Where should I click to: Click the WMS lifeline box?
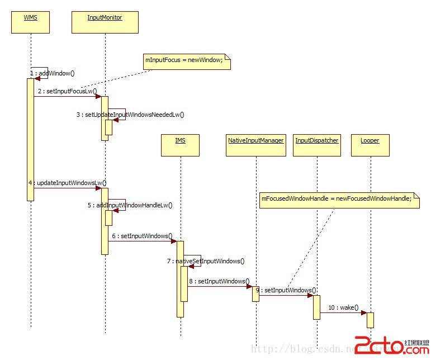tap(30, 22)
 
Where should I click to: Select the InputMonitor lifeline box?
tap(105, 22)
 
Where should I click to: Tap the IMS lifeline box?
tap(180, 145)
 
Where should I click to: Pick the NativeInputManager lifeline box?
tap(256, 145)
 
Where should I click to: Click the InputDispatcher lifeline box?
tap(317, 145)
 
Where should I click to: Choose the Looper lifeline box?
tap(370, 145)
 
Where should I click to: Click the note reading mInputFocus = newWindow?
tap(187, 61)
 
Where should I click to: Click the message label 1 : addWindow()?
tap(53, 73)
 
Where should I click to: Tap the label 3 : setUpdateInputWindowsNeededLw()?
tap(130, 115)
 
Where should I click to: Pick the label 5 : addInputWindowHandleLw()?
tap(130, 205)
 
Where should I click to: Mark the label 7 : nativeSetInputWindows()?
tap(205, 261)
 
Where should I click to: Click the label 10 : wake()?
tap(343, 307)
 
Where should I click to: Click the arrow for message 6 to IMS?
tap(143, 241)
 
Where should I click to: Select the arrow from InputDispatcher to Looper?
tap(343, 313)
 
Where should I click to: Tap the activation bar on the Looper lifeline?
tap(370, 320)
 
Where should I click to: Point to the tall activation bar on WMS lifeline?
tap(30, 139)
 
